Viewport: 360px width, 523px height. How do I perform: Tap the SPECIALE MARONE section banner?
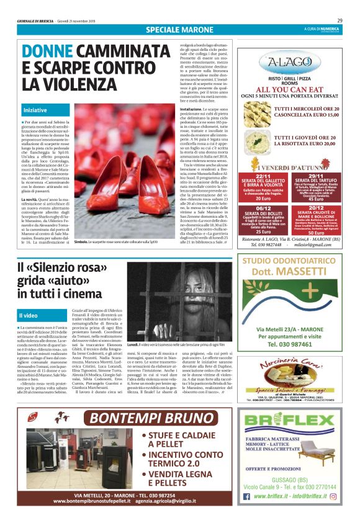pyautogui.click(x=179, y=30)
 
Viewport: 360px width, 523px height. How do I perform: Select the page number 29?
pyautogui.click(x=348, y=20)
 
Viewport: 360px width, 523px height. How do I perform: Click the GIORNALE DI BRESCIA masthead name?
pyautogui.click(x=34, y=20)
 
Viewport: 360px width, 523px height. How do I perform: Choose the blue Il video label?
pyautogui.click(x=29, y=316)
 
